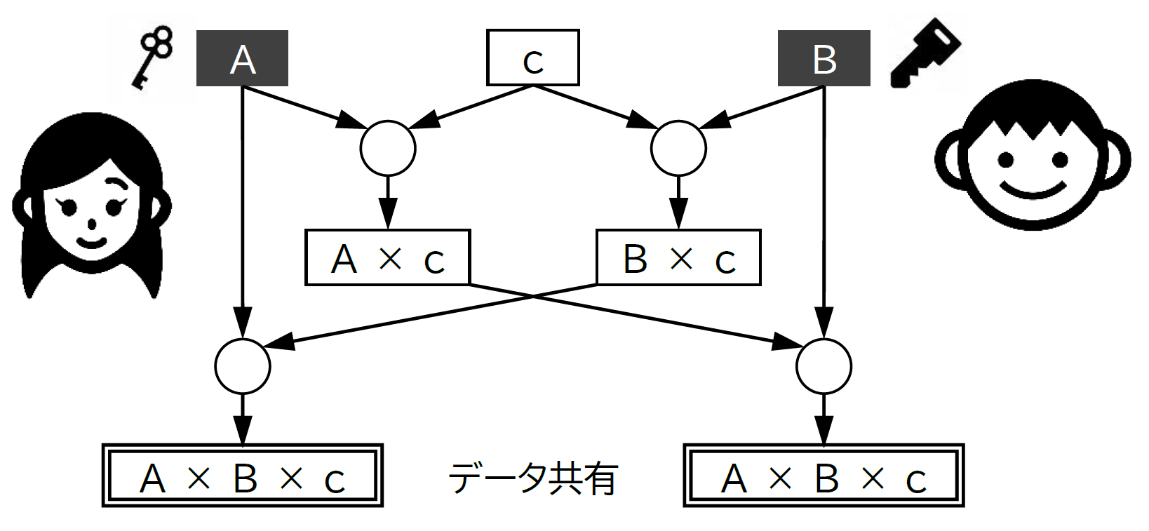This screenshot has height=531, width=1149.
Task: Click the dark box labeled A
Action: click(242, 58)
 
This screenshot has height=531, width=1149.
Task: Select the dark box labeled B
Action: click(824, 58)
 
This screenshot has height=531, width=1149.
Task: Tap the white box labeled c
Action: click(533, 58)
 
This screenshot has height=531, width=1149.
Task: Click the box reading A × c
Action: click(387, 257)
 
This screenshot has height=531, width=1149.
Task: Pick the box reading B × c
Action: click(678, 257)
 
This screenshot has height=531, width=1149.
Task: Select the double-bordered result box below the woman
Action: click(243, 476)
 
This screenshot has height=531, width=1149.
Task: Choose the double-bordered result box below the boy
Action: click(824, 476)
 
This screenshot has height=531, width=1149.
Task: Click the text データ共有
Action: click(533, 478)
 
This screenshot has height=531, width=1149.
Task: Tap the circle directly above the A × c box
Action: click(388, 149)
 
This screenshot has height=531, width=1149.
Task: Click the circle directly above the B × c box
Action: click(678, 149)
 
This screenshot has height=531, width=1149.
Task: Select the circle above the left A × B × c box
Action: click(242, 366)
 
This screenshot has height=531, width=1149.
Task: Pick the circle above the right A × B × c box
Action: click(824, 366)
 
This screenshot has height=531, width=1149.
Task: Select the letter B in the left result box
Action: click(246, 478)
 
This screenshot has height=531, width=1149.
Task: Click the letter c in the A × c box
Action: click(434, 262)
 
